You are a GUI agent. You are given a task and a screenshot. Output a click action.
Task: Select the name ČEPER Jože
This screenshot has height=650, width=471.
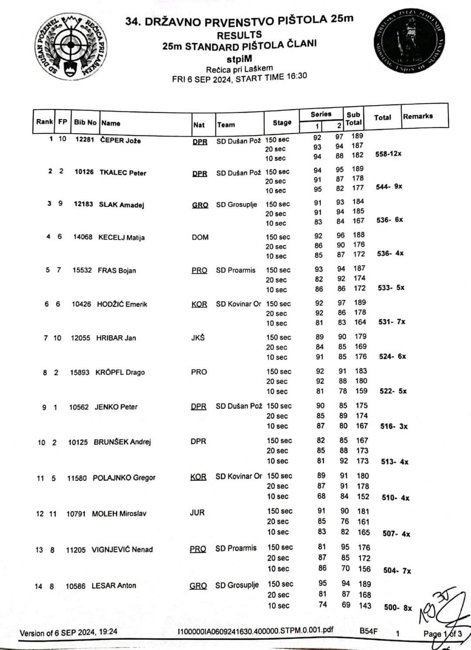120,140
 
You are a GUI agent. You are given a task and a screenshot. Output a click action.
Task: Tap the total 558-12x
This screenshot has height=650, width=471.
388,154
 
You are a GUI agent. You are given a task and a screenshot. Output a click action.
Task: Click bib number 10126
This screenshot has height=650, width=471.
84,172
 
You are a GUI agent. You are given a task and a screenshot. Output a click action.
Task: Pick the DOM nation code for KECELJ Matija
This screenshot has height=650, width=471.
200,237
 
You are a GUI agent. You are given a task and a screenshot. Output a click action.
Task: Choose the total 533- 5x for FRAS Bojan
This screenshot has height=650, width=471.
391,288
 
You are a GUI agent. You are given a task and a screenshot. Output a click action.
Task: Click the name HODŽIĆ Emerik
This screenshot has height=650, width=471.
122,304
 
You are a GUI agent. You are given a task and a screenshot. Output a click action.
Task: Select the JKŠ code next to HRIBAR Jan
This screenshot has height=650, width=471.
198,338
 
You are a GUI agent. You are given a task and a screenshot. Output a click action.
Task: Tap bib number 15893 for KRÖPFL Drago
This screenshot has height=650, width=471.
79,373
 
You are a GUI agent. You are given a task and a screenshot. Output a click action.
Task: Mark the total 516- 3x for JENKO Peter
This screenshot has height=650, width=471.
394,426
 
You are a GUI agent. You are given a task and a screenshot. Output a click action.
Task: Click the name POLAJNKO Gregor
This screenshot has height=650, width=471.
124,478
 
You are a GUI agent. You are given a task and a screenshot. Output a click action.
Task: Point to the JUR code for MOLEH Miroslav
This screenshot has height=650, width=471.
197,512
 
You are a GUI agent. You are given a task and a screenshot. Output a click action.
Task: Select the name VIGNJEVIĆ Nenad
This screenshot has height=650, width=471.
122,550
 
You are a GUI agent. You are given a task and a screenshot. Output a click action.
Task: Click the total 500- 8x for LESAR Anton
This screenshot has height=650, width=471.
398,608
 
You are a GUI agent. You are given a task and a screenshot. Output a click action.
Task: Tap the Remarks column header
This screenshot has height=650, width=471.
418,116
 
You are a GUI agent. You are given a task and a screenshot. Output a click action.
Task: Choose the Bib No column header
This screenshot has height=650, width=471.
85,122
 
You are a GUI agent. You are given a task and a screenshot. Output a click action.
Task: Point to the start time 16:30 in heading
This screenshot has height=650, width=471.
297,76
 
